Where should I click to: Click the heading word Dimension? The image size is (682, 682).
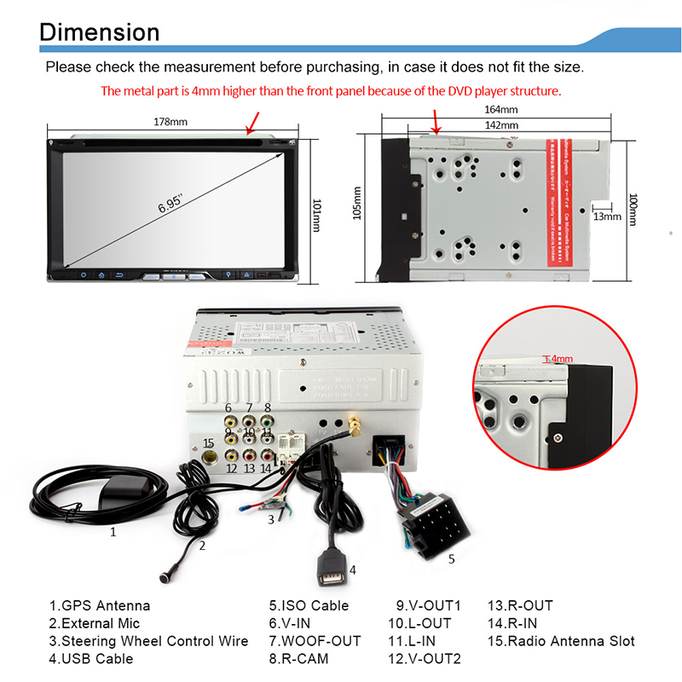click(x=100, y=32)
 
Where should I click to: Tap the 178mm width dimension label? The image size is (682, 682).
click(x=170, y=122)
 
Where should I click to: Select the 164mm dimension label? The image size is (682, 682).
click(x=501, y=110)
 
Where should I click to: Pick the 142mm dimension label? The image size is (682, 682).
click(x=501, y=125)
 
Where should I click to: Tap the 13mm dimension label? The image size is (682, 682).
click(x=607, y=217)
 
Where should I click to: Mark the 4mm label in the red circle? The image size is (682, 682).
click(x=561, y=359)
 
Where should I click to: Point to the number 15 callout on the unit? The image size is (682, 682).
click(x=208, y=442)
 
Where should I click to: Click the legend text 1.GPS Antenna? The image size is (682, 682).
click(x=99, y=606)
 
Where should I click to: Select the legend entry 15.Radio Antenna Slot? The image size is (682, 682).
click(x=560, y=641)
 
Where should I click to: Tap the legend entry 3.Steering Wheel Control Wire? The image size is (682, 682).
click(x=148, y=641)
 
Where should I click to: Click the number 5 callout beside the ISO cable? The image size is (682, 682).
click(x=452, y=559)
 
